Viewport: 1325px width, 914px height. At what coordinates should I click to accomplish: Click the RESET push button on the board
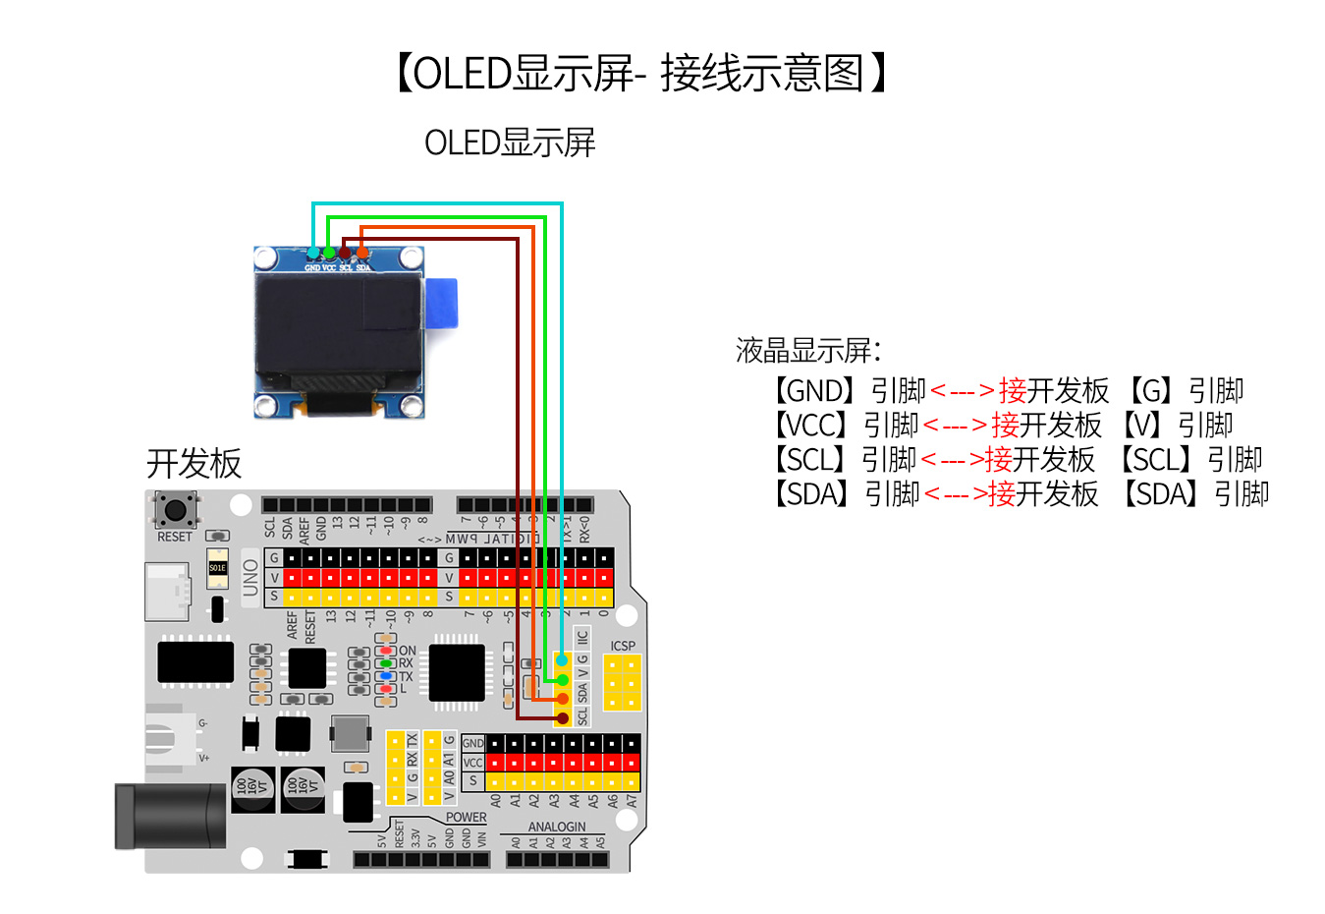[176, 509]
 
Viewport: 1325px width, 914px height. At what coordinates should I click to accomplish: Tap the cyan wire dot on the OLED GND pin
[313, 254]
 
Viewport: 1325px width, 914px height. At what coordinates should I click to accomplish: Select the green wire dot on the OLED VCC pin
[329, 254]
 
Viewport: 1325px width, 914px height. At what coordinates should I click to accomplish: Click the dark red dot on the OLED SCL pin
[346, 254]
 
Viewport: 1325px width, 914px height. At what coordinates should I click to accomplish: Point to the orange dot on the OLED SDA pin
[362, 254]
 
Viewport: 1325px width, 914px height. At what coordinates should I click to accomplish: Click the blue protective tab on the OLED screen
[441, 304]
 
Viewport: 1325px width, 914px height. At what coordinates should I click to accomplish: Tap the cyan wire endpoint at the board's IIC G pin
[562, 660]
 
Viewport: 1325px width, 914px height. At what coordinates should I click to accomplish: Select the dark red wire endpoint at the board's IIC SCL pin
[562, 718]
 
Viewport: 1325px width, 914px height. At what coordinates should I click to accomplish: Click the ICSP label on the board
[623, 646]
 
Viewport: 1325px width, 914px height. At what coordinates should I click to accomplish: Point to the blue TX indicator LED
[386, 676]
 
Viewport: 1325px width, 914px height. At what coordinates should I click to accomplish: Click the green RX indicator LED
[386, 663]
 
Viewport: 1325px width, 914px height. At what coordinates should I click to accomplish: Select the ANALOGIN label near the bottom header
[557, 827]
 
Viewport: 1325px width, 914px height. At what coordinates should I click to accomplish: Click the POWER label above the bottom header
[466, 817]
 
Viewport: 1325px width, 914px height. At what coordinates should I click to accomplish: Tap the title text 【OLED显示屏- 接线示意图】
[640, 74]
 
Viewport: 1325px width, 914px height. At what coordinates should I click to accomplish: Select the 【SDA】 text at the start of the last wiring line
[811, 493]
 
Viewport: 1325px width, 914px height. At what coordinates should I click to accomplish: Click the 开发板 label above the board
[193, 463]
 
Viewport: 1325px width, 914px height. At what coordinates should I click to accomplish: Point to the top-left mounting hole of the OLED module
[266, 258]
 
